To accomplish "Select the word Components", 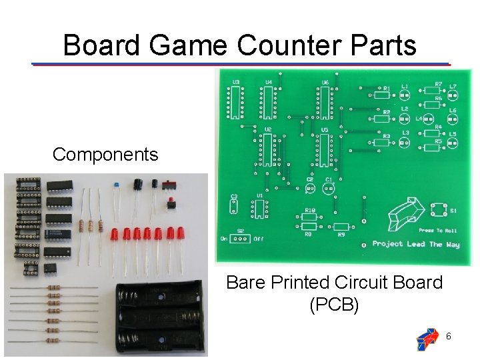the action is tap(105, 155).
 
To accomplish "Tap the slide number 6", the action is tap(448, 337).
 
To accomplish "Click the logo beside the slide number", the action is tap(427, 339).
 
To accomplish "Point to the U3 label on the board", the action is tap(235, 83).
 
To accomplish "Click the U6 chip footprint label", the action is tap(325, 83).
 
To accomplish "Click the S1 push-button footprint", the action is tap(439, 211).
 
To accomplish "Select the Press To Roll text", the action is tap(437, 230).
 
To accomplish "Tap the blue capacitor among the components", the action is tap(116, 183).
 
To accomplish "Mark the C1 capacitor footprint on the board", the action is tap(329, 188).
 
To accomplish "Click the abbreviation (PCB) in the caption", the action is tap(334, 305).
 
